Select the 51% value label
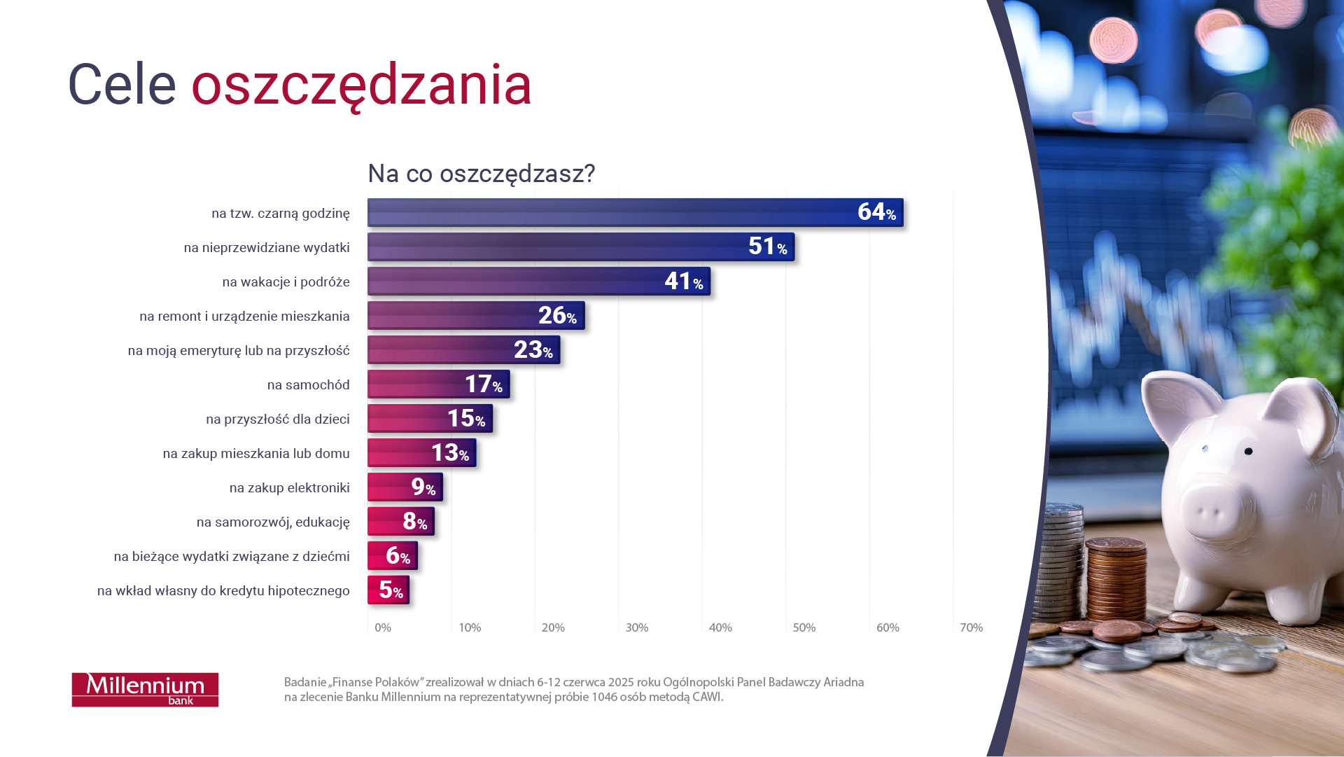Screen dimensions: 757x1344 point(767,246)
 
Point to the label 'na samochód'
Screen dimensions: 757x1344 point(308,384)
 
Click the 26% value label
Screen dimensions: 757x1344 point(557,316)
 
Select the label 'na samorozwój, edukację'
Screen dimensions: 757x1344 point(273,522)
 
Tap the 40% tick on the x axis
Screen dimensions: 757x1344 point(720,627)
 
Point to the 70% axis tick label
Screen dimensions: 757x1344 point(971,627)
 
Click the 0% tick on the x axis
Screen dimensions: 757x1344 point(383,627)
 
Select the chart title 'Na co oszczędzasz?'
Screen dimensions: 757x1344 point(481,173)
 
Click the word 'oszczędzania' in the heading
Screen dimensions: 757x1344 point(361,85)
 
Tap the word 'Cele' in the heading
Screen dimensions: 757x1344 point(122,85)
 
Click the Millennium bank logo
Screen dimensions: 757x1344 point(145,689)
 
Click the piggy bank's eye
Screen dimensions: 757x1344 point(1248,452)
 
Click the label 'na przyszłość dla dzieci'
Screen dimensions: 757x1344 point(278,419)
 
